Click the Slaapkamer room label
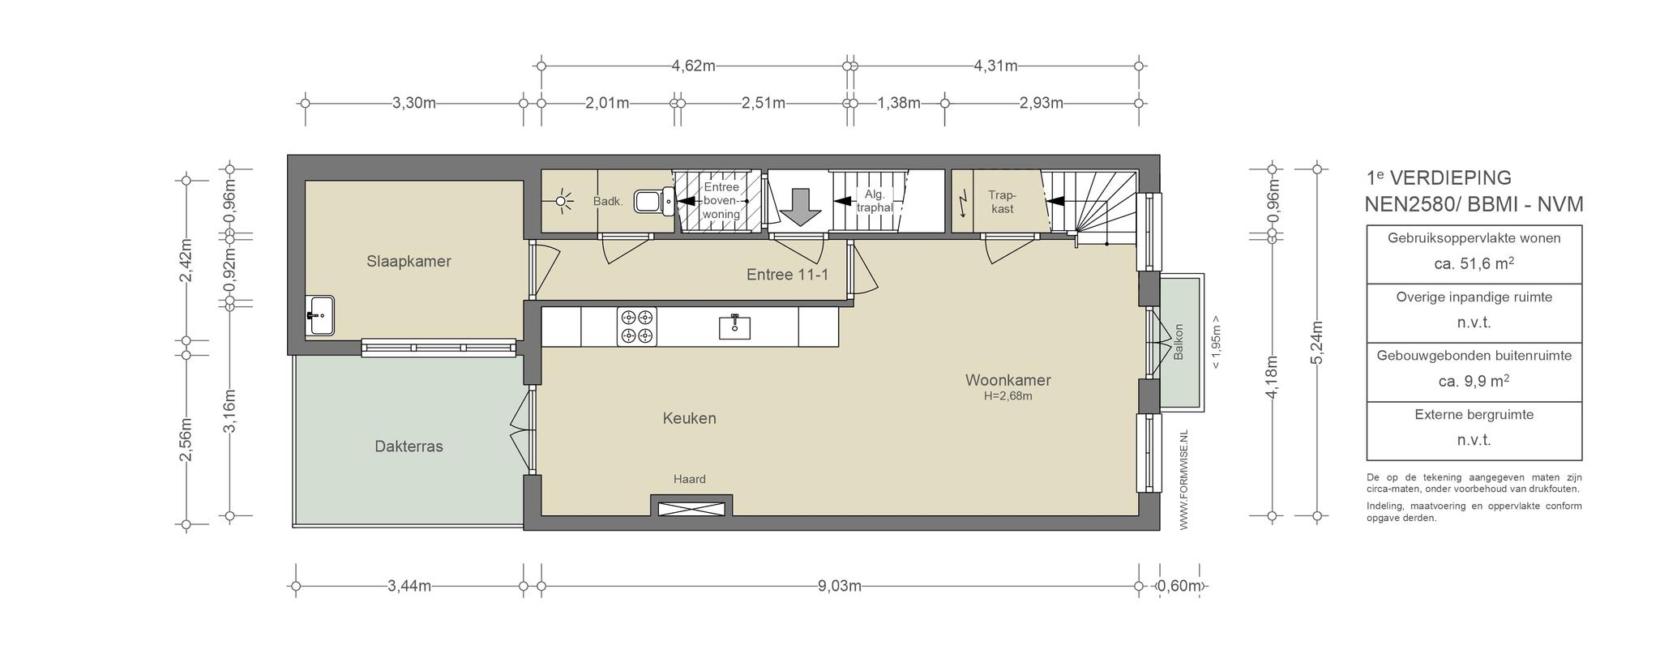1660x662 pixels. tap(409, 262)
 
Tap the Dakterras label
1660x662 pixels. tap(409, 446)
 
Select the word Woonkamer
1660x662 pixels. tap(1008, 380)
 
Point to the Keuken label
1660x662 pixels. tap(689, 418)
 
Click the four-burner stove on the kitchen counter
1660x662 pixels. tap(636, 327)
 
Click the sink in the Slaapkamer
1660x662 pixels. tap(320, 315)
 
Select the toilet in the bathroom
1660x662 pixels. tap(653, 200)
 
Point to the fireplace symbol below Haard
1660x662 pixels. tap(691, 509)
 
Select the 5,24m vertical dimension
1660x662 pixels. tap(1317, 344)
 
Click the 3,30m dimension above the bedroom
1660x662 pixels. tap(414, 103)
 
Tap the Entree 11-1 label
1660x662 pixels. tap(787, 275)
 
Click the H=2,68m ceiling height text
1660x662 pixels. tap(1008, 396)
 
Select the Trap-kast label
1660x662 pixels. tap(1003, 202)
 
